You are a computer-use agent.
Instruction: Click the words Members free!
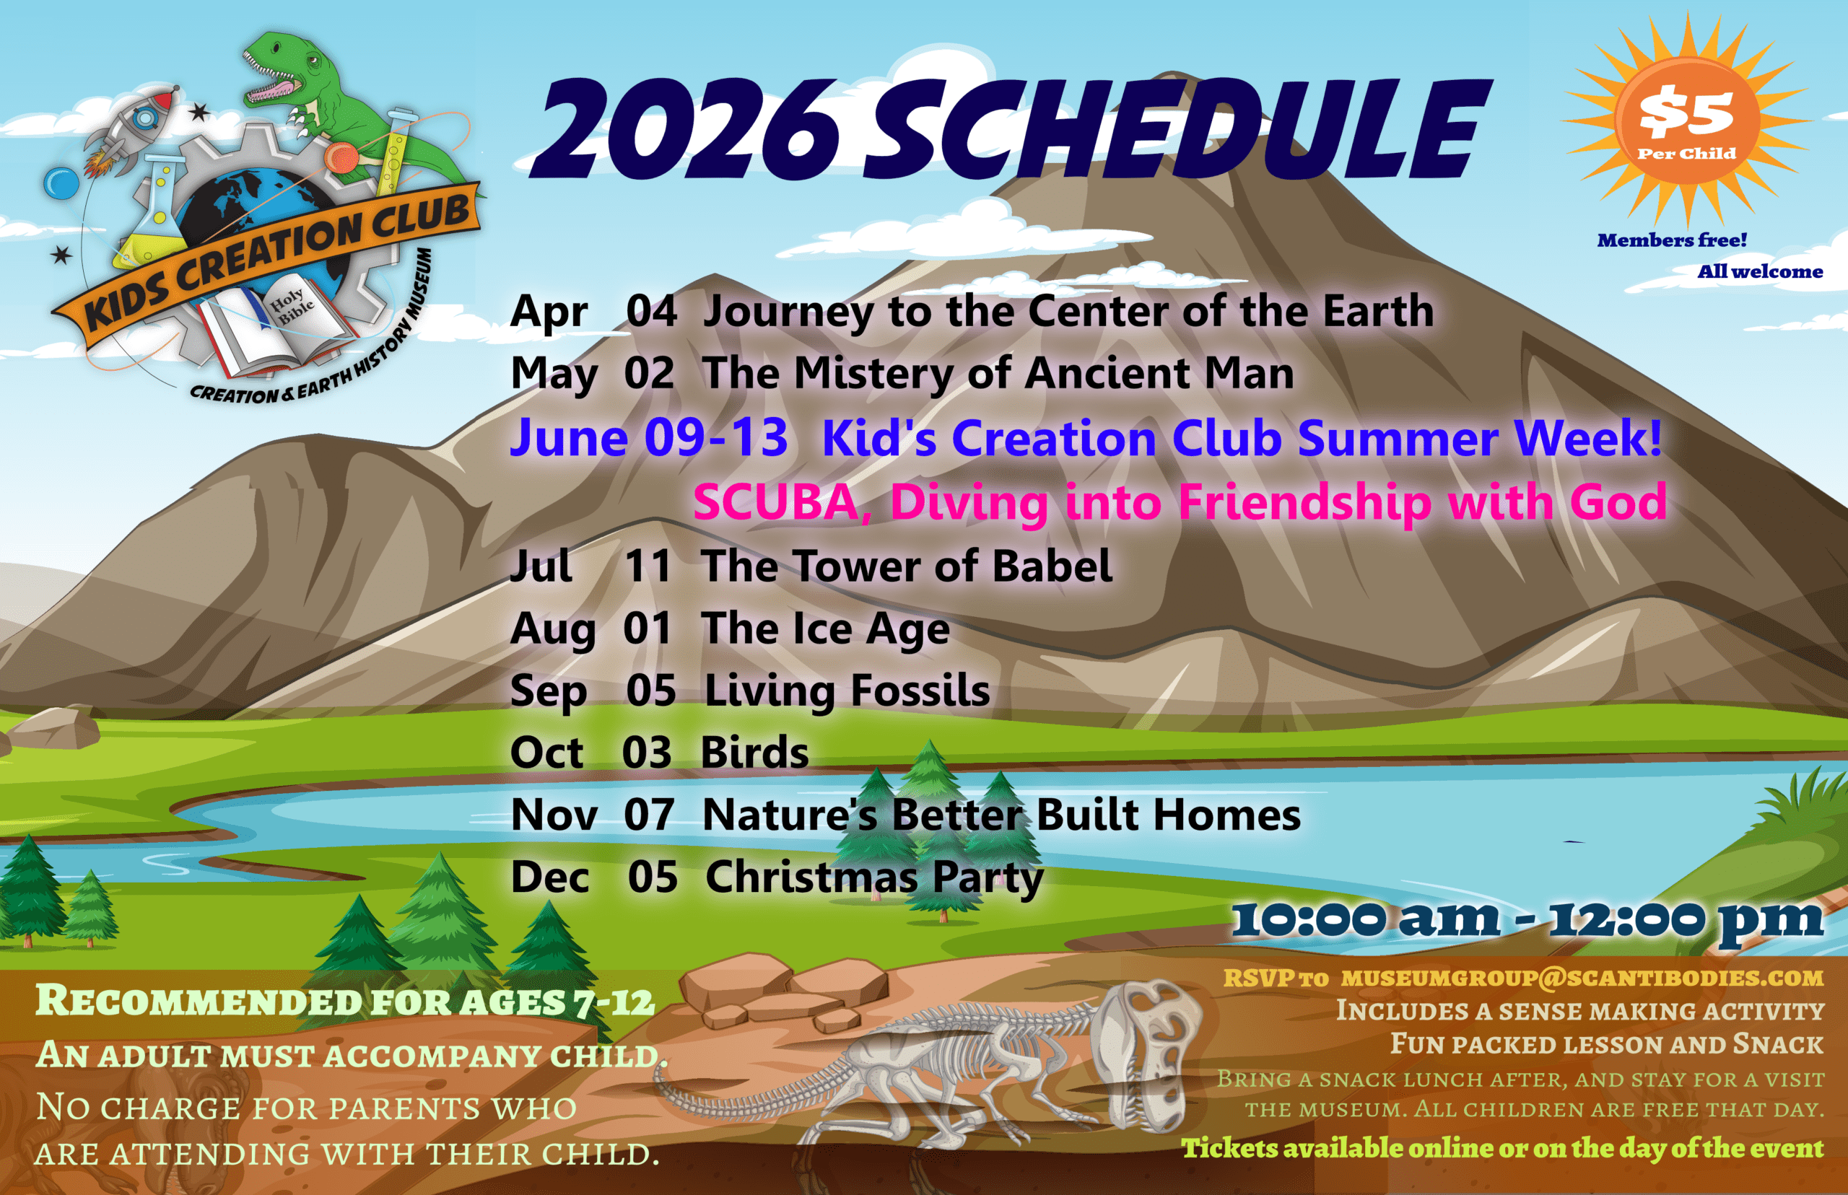click(x=1672, y=240)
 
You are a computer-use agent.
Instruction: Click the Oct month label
click(x=546, y=752)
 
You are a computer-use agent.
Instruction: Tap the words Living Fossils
click(x=847, y=691)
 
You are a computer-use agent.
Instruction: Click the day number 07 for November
click(x=649, y=815)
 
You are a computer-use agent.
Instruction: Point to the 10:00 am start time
click(x=1366, y=919)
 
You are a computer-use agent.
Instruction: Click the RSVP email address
click(x=1582, y=978)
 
